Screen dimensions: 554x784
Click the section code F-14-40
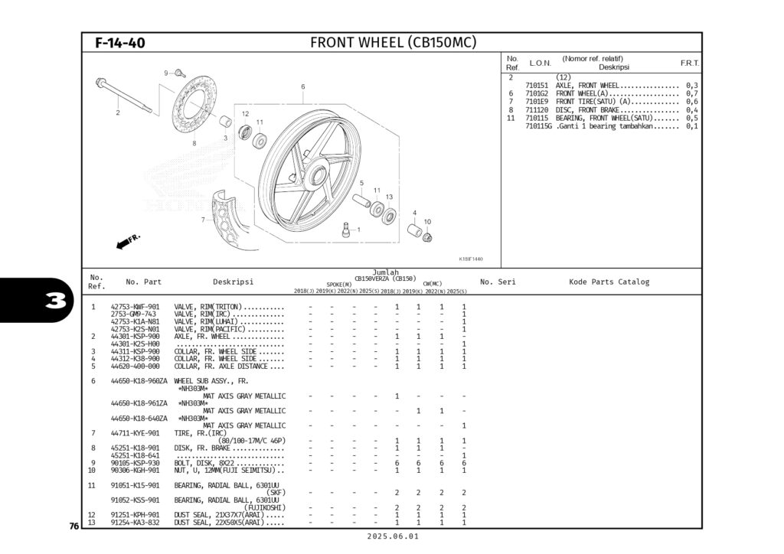(120, 43)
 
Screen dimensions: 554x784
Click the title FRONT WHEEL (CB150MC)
(393, 42)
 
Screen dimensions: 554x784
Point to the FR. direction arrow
(128, 242)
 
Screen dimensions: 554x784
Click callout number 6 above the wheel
(302, 86)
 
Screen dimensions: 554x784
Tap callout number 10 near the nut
(427, 222)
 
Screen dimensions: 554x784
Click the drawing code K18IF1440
(471, 259)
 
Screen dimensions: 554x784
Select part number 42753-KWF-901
(135, 307)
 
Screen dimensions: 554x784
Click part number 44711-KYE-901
(135, 433)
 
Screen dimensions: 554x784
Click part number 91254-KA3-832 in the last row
(135, 523)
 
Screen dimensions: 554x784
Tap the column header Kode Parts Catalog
(609, 282)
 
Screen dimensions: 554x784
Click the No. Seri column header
(498, 282)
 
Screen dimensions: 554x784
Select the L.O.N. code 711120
(537, 110)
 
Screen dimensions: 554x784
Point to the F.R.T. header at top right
(690, 63)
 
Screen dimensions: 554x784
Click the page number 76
(73, 526)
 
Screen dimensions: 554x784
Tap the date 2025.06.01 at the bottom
(393, 537)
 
